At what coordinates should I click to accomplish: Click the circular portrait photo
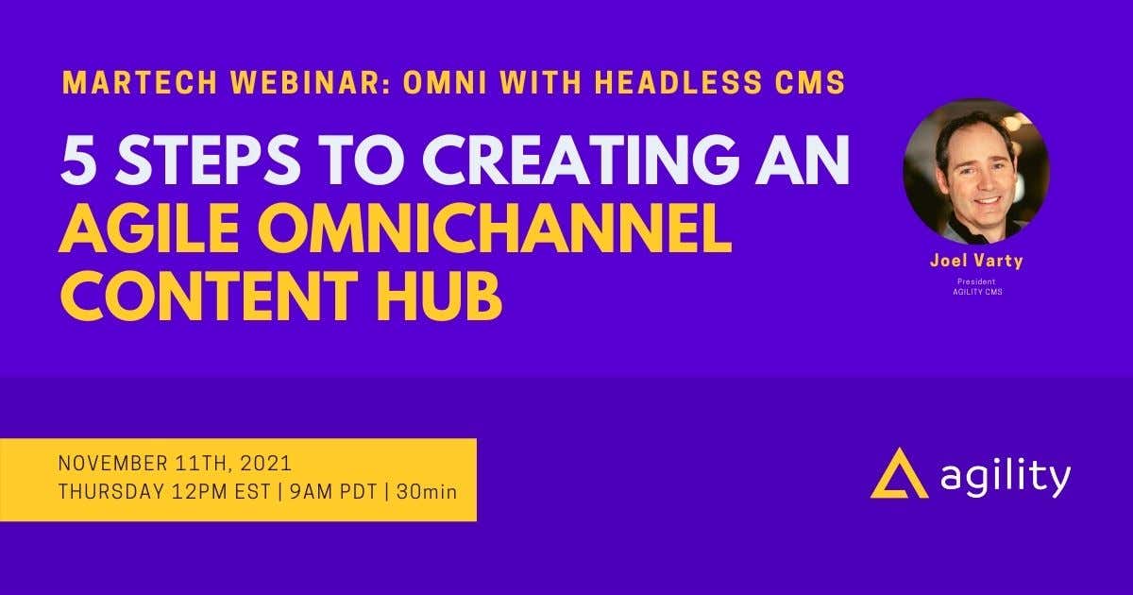click(x=975, y=172)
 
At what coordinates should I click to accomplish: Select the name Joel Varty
click(x=975, y=262)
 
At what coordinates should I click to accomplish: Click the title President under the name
click(x=975, y=281)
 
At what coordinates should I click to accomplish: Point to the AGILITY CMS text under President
click(x=975, y=292)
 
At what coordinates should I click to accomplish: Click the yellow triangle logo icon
click(x=899, y=474)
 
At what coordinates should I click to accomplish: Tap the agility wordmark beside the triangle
click(x=1006, y=479)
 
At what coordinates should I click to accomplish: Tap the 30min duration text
click(x=430, y=492)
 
